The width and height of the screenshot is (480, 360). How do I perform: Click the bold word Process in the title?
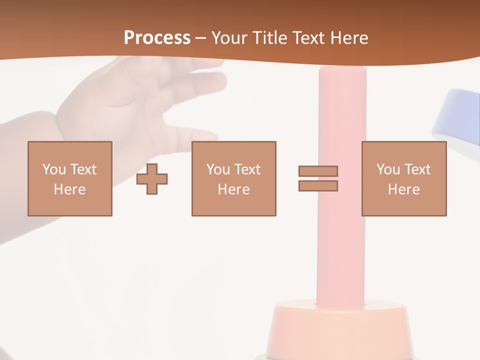[x=157, y=38]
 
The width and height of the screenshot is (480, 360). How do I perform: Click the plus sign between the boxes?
[x=152, y=178]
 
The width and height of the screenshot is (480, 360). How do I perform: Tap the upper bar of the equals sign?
[x=318, y=171]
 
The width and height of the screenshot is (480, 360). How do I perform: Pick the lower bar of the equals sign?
[x=318, y=185]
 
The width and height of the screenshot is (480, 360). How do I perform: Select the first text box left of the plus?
[x=69, y=178]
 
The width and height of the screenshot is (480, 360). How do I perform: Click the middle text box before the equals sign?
[x=233, y=178]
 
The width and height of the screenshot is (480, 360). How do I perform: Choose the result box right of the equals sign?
[x=403, y=178]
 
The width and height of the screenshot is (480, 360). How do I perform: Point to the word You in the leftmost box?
[x=53, y=169]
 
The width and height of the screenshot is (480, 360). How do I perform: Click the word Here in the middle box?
[x=233, y=189]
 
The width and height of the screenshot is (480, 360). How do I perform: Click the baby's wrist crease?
[x=60, y=120]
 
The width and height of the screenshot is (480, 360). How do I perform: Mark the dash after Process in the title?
[x=200, y=38]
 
